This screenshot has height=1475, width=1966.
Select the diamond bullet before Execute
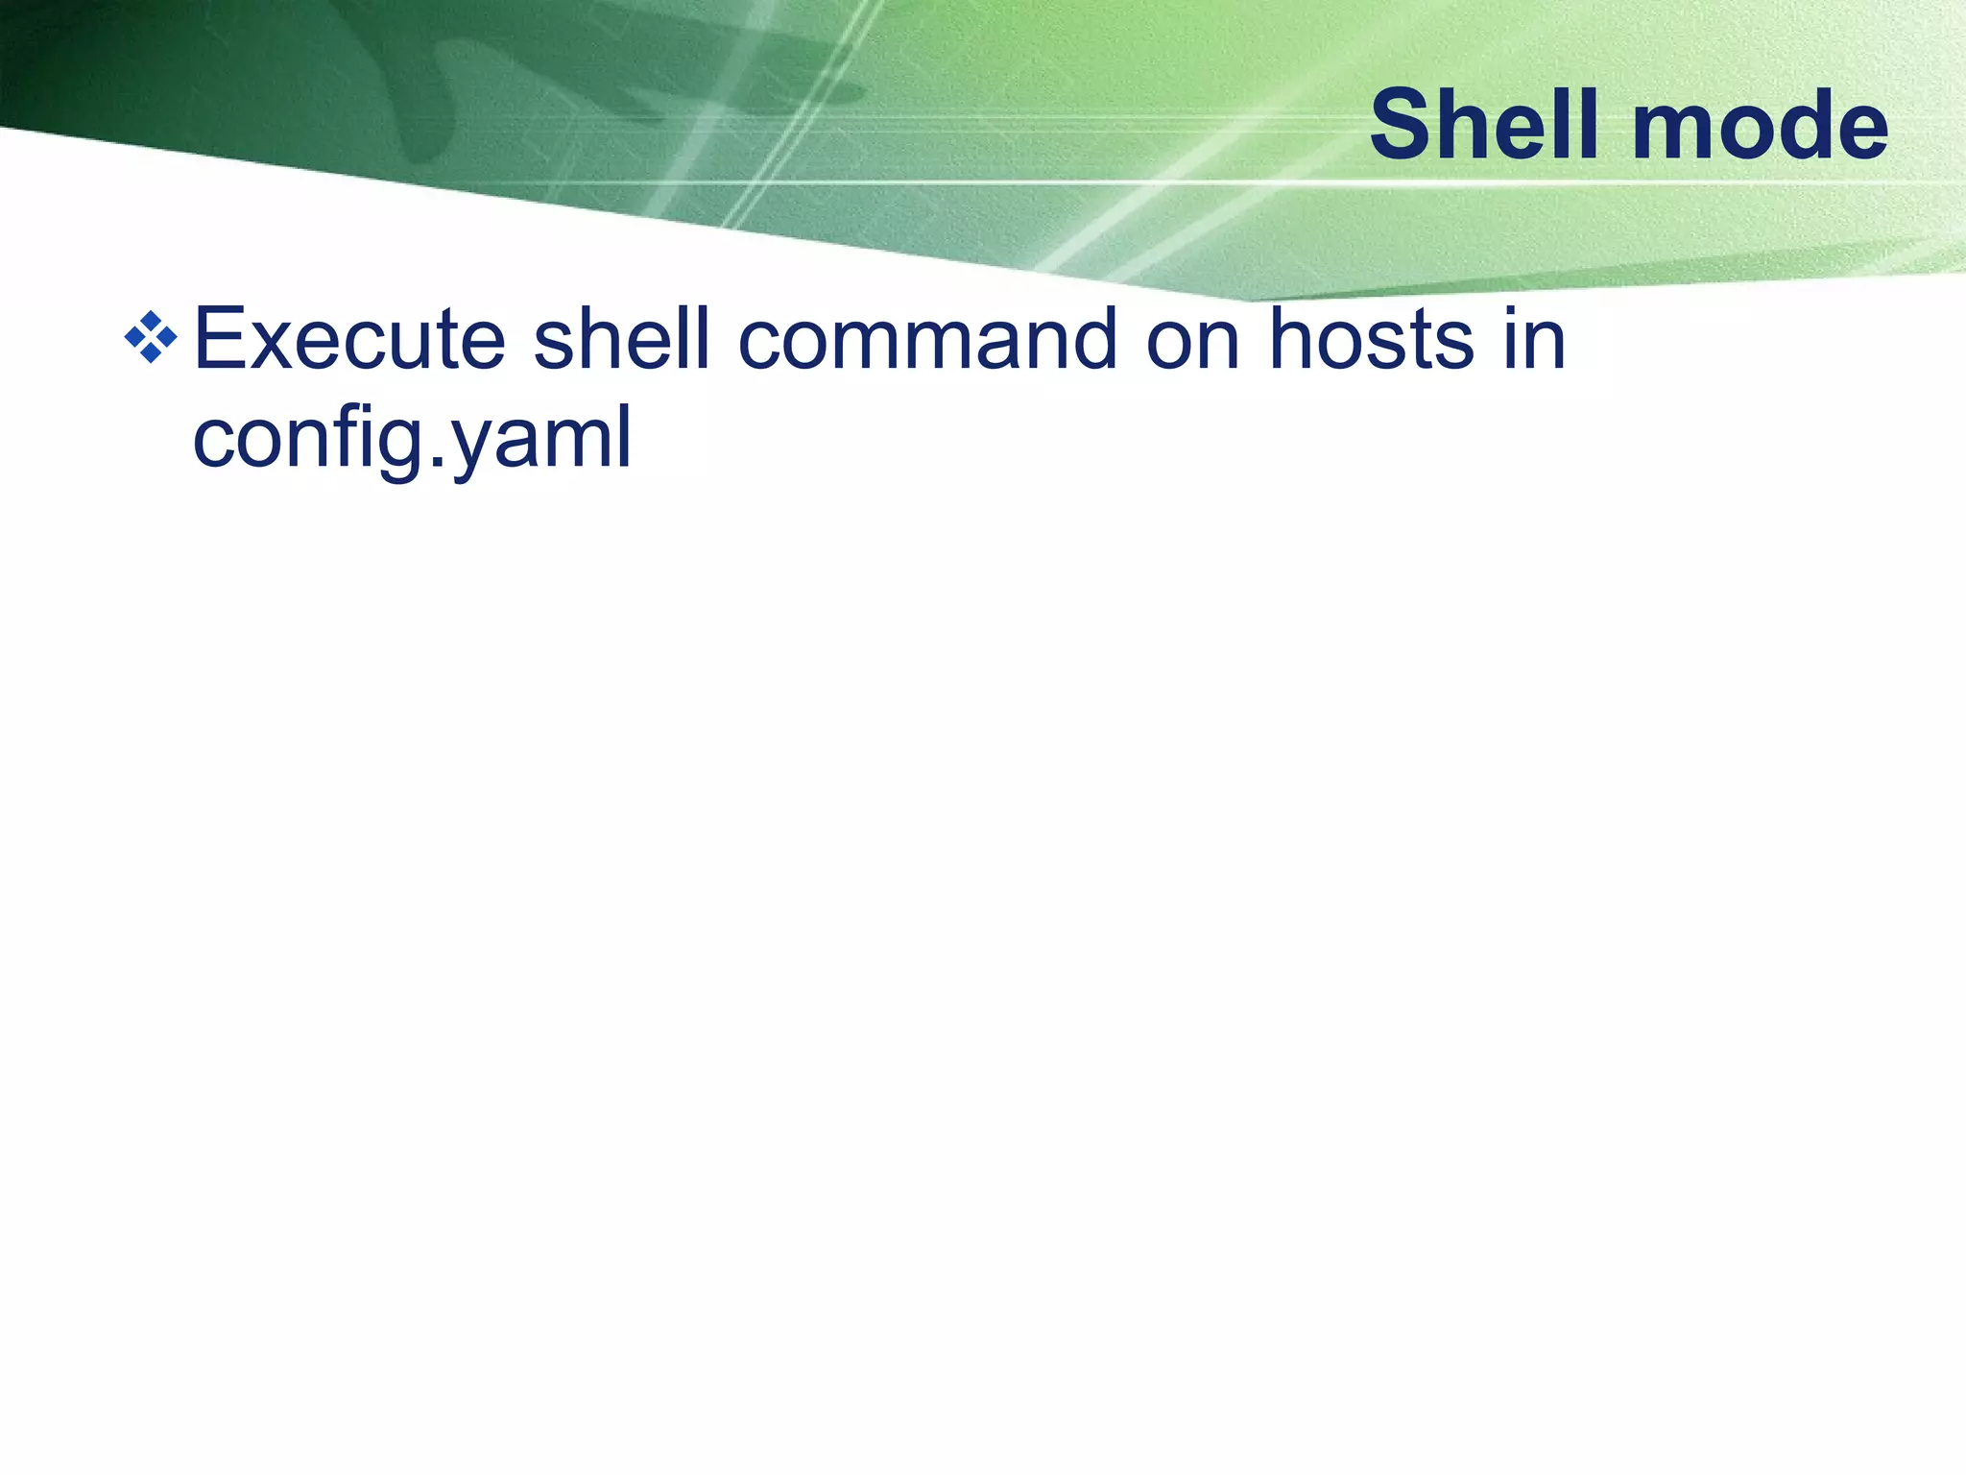tap(151, 337)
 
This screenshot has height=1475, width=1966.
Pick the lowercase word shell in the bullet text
tap(621, 338)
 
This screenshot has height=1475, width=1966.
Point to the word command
tap(927, 338)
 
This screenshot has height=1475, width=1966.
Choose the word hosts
tap(1371, 338)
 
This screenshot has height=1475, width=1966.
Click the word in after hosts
tap(1534, 338)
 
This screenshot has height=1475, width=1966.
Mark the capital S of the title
tap(1403, 125)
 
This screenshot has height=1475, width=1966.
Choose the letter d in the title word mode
tap(1798, 125)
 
